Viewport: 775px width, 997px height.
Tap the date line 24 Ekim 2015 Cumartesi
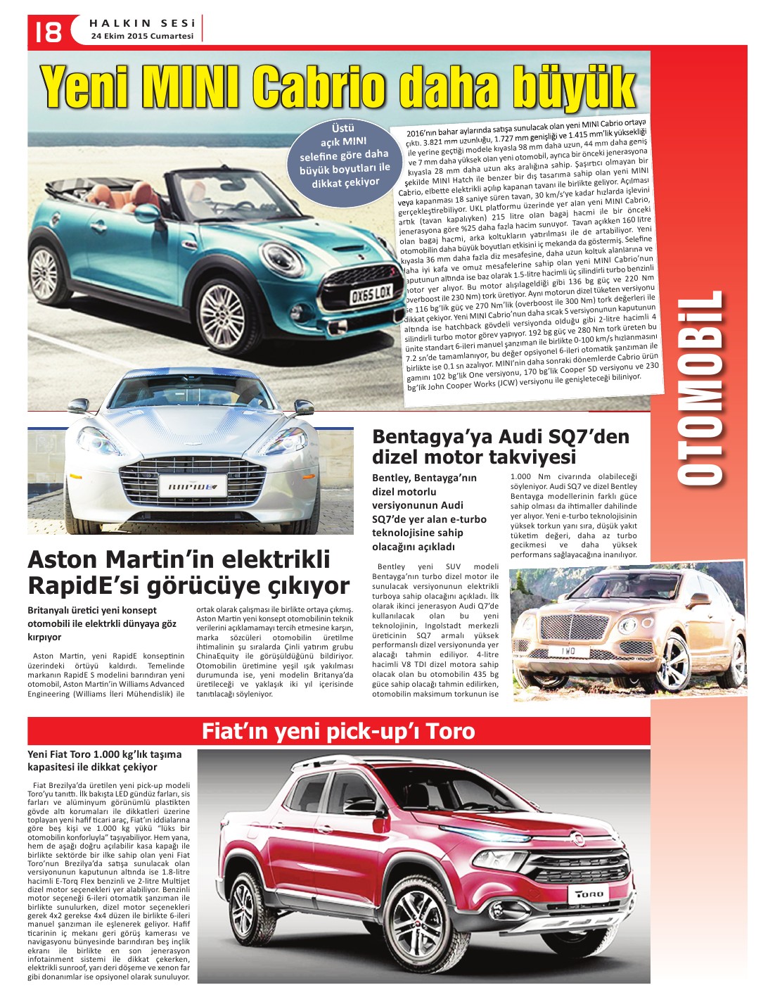[x=141, y=36]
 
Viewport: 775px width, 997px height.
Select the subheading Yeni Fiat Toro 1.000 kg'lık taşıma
[x=105, y=754]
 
